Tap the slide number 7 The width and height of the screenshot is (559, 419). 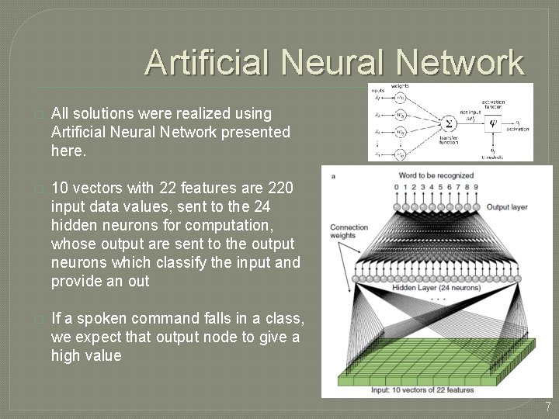coord(547,407)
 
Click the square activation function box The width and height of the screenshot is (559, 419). coord(492,122)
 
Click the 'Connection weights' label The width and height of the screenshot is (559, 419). coord(349,231)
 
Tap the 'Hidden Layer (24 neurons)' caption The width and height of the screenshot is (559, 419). coord(434,288)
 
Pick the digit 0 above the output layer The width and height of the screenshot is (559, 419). coord(396,187)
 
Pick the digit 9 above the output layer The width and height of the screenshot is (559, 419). coord(476,187)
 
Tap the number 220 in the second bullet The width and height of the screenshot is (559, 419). coord(279,188)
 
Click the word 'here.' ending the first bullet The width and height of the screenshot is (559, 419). coord(67,150)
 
